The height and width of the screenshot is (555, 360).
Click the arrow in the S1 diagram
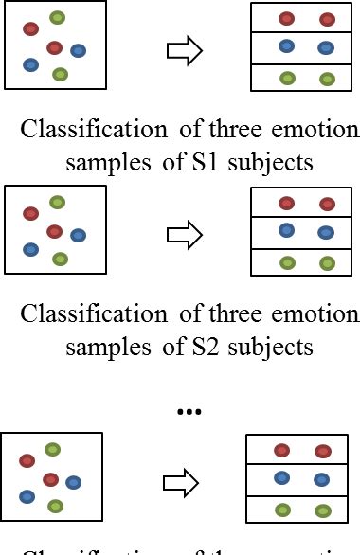coord(185,52)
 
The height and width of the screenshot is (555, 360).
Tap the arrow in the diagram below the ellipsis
coord(182,483)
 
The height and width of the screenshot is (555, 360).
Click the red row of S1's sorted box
coord(306,19)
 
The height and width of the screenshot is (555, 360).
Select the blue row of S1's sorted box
coord(306,47)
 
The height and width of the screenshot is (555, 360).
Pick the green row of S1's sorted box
coord(306,78)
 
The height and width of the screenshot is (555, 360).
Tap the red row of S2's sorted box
coord(306,203)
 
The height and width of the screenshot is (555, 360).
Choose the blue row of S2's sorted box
coord(306,231)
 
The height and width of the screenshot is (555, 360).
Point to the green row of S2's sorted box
coord(306,262)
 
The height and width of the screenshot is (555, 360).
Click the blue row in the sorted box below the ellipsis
coord(301,479)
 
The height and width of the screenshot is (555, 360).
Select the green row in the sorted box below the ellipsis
coord(301,510)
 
